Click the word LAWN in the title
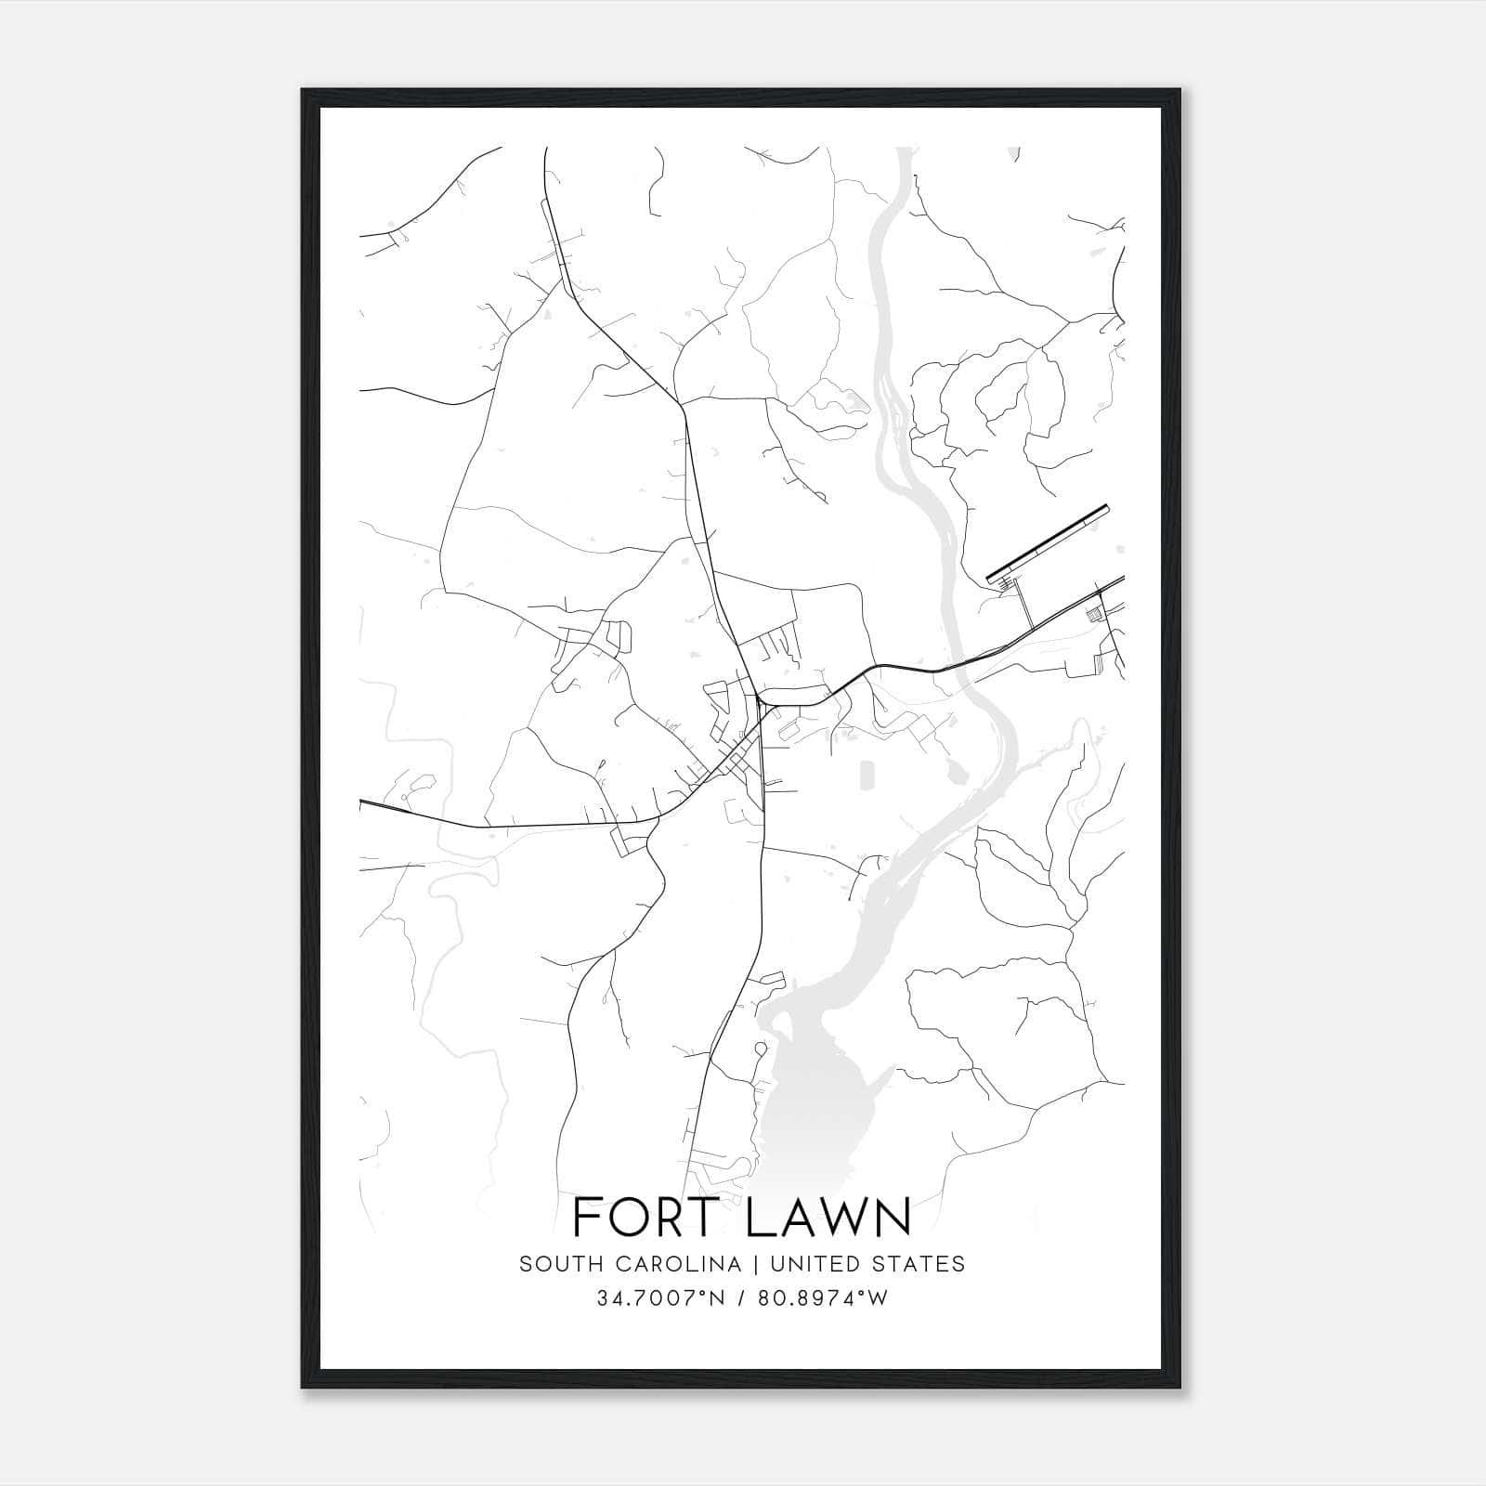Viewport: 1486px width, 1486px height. pos(828,1218)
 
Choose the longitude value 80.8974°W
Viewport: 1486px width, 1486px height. pos(824,1298)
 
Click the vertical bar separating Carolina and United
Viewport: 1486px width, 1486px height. pos(751,1264)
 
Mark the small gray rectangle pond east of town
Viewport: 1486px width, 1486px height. pos(867,775)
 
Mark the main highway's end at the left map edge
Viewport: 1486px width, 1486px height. pos(361,801)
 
